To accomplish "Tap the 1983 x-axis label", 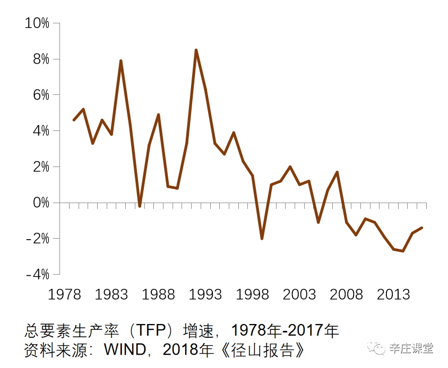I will pos(111,294).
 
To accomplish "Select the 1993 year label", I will pos(205,294).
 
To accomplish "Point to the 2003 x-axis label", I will pos(299,294).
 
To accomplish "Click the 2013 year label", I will pos(393,294).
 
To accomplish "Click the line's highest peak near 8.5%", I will pos(196,50).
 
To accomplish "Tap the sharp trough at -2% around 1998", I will pos(262,239).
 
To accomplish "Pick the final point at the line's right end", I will pos(421,227).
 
